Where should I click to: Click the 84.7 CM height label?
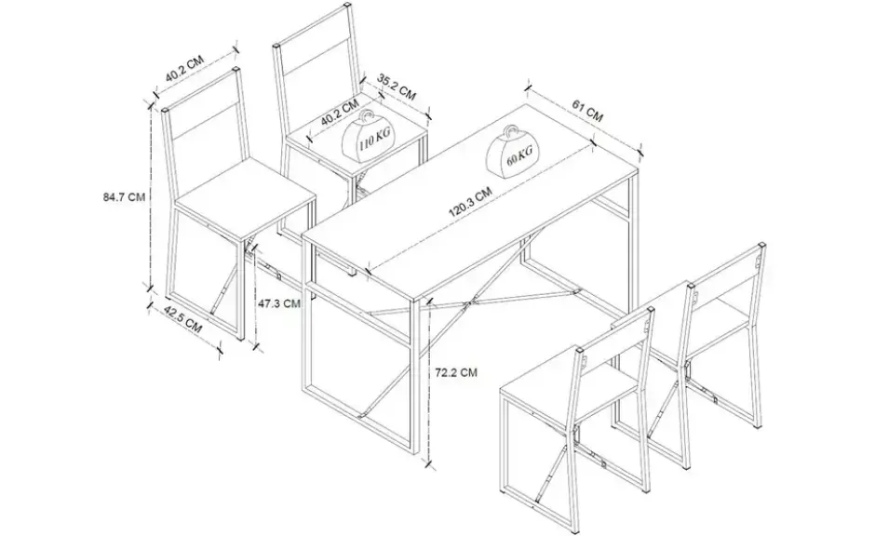124,197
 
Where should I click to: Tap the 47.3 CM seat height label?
278,303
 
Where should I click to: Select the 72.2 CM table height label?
456,372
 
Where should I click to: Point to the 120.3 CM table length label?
470,203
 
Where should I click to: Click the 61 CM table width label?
587,110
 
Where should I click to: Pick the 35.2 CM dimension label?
397,87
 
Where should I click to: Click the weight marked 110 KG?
366,137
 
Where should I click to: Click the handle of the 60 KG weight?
512,132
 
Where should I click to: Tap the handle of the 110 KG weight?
366,117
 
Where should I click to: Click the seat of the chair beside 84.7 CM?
246,194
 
